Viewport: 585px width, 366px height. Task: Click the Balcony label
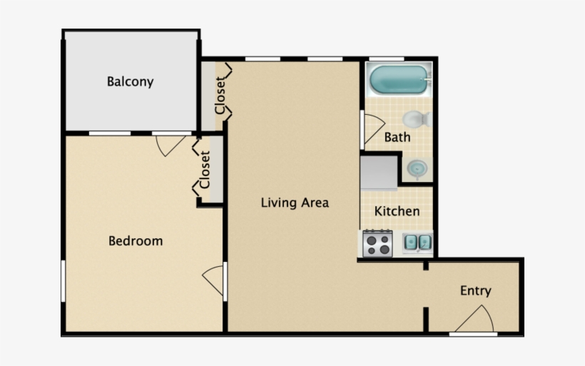click(130, 81)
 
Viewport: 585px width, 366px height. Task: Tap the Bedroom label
click(136, 241)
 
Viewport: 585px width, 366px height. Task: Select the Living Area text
click(295, 203)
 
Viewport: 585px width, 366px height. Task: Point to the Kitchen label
click(397, 211)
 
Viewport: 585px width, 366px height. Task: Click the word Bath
click(397, 137)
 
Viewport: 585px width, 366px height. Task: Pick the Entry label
click(475, 290)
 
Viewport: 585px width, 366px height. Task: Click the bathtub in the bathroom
click(399, 80)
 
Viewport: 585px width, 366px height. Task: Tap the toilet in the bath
click(415, 118)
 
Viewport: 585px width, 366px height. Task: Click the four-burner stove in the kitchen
click(378, 244)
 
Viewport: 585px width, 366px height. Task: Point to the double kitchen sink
click(417, 243)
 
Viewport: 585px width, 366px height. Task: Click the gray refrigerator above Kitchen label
click(378, 173)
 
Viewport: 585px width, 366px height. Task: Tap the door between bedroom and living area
click(214, 280)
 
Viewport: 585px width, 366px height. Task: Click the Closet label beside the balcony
click(220, 95)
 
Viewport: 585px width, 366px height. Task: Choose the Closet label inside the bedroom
click(205, 169)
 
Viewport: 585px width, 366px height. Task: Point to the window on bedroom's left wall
click(63, 280)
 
